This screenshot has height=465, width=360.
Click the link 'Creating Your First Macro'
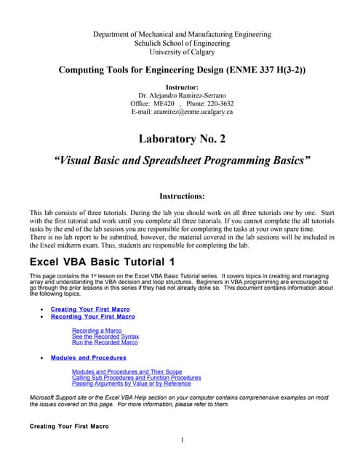coord(90,310)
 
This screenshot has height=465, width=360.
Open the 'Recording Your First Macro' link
coord(92,317)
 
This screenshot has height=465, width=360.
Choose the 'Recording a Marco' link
coord(97,331)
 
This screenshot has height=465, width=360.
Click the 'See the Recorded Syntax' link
coord(105,336)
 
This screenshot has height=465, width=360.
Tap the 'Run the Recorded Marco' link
coord(105,342)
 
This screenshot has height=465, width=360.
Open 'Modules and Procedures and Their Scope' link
coord(127,371)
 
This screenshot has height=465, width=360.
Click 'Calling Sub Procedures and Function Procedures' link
coord(137,378)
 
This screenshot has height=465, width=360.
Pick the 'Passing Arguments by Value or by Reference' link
coord(132,384)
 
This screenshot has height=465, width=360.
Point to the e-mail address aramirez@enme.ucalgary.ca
coord(193,112)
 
